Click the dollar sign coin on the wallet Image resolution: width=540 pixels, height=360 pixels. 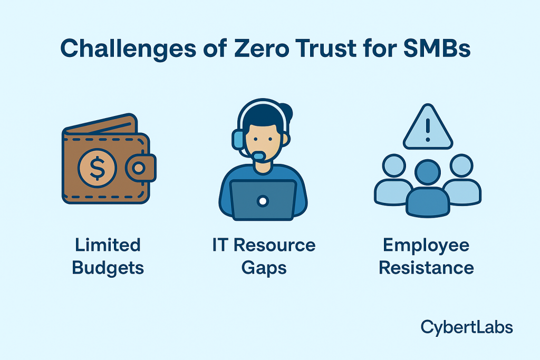click(97, 168)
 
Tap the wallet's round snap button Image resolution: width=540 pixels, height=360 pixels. click(139, 168)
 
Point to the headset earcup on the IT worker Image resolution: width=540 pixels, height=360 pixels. click(238, 139)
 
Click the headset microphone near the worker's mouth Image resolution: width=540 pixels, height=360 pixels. click(258, 156)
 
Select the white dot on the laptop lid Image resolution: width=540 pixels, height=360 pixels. click(263, 201)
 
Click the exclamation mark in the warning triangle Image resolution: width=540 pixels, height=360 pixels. click(428, 128)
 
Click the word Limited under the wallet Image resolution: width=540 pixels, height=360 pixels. click(108, 245)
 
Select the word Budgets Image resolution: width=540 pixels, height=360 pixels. click(108, 268)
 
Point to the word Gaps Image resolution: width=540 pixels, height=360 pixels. click(264, 268)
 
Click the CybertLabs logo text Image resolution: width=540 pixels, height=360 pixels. click(466, 327)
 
